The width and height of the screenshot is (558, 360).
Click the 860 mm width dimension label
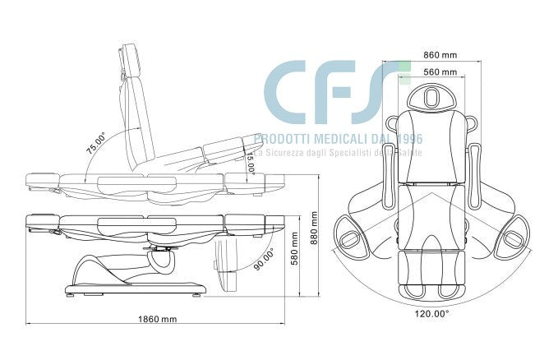[x=440, y=54]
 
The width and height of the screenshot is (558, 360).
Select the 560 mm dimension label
[x=440, y=72]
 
